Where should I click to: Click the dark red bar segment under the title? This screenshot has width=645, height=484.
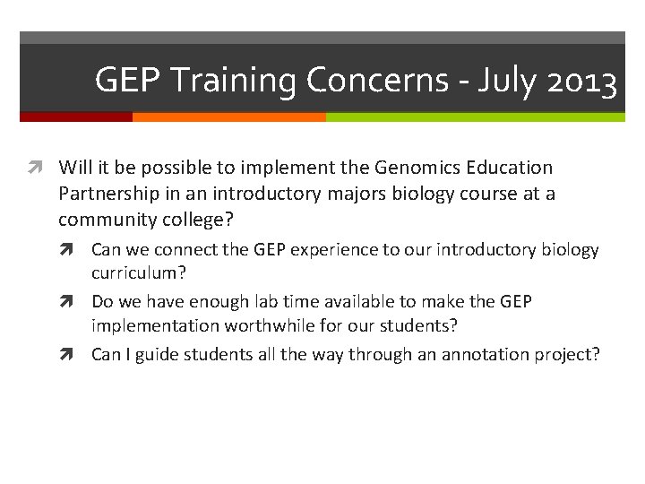coord(76,117)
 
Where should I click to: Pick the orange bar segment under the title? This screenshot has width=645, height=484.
coord(228,117)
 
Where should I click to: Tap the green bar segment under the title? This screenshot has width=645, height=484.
coord(475,117)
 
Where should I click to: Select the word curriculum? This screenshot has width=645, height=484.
coord(134,272)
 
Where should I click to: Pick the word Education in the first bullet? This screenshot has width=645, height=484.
coord(512,168)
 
